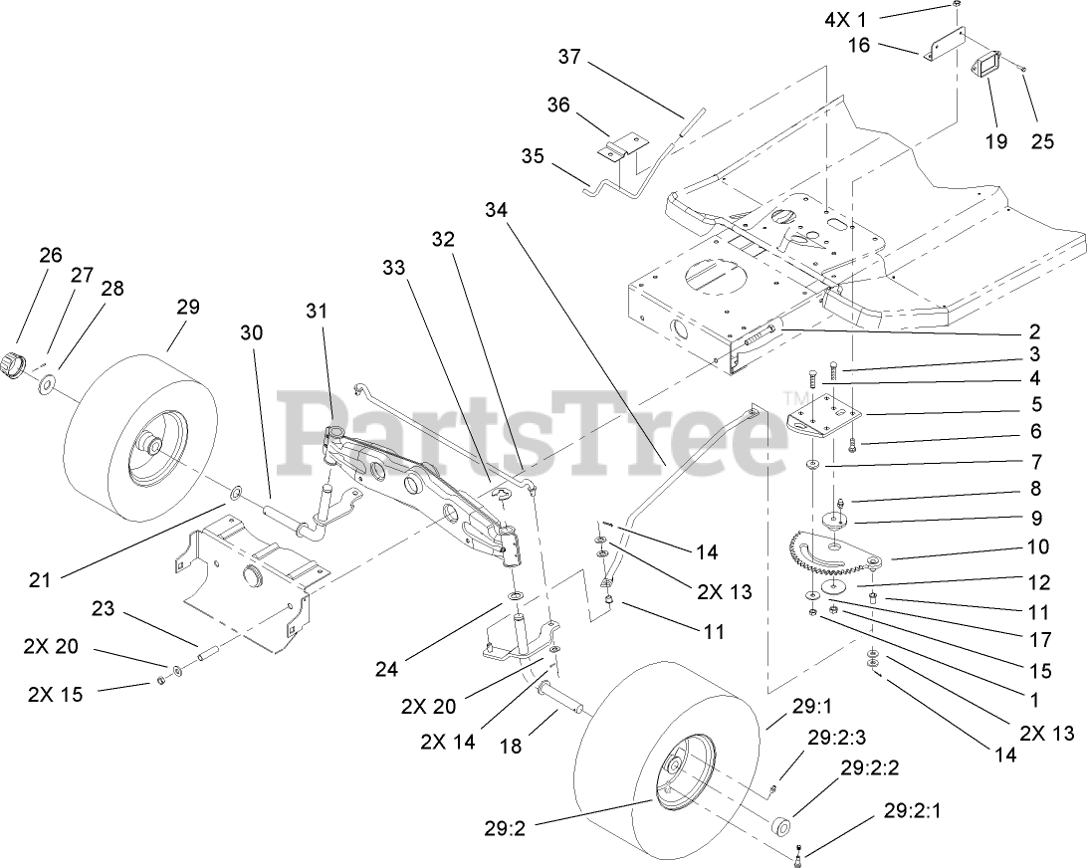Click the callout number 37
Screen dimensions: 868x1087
569,58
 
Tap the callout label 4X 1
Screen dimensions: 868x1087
845,18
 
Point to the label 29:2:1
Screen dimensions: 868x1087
910,811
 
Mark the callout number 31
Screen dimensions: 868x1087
317,311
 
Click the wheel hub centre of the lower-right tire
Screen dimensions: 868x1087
673,766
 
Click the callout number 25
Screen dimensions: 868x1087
1041,141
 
